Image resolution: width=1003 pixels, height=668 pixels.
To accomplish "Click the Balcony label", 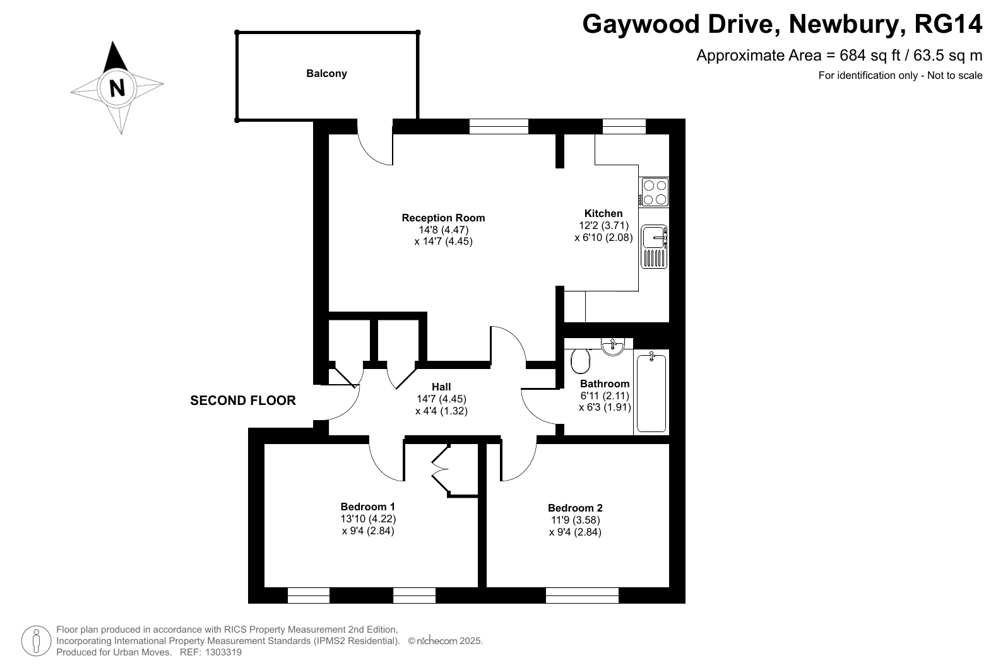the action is [326, 73].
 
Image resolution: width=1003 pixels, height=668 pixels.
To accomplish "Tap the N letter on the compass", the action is [117, 88].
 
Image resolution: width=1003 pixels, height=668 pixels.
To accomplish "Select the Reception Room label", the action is [443, 218].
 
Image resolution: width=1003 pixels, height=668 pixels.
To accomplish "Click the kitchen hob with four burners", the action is [654, 192].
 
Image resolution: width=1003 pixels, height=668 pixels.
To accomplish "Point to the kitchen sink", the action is [654, 247].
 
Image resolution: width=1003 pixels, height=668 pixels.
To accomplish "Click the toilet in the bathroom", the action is [581, 361].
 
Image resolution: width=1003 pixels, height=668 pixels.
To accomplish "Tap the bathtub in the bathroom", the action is [651, 393].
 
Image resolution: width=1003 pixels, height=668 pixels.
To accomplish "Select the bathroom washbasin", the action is [612, 346].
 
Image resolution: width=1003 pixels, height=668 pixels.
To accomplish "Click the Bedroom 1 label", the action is [367, 507].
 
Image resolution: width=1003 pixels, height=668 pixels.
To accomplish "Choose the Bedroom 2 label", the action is [575, 508].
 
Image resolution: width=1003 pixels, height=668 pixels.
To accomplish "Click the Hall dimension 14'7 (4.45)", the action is [441, 399].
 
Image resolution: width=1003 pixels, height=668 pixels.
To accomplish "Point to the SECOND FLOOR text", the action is [243, 401].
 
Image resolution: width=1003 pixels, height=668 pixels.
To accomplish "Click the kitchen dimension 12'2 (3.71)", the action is [603, 225].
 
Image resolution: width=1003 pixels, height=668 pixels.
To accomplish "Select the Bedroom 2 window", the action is [582, 595].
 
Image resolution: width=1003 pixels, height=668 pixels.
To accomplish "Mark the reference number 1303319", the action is [223, 652].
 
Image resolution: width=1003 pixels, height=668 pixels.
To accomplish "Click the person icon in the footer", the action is [36, 641].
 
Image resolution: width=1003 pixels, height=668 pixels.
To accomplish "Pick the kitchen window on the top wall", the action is [624, 127].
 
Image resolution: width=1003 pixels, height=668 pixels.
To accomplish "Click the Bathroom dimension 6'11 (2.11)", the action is [605, 396].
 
